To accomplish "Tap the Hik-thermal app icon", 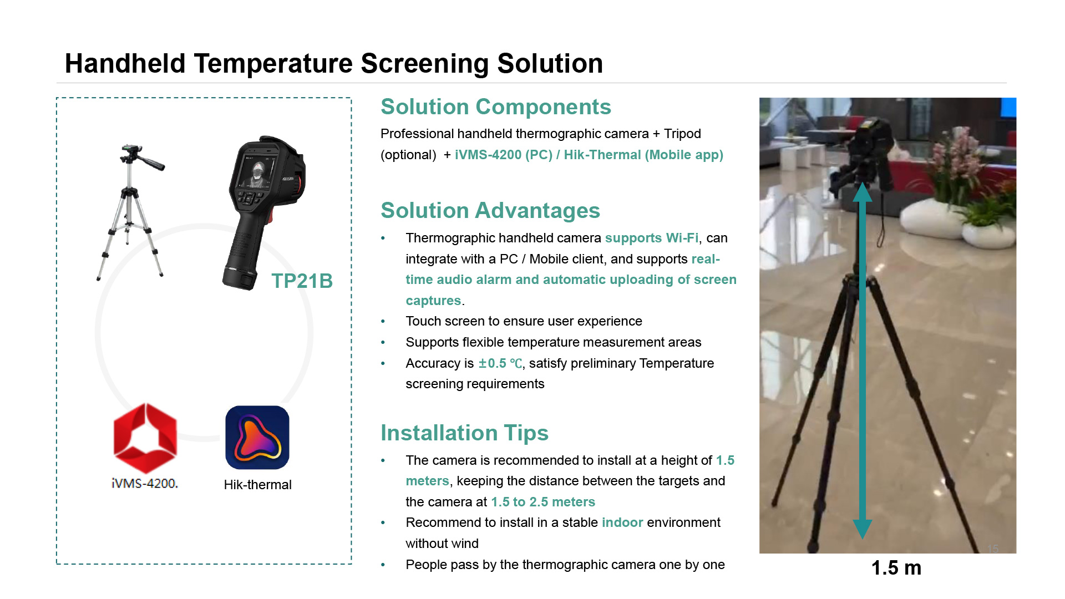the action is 257,438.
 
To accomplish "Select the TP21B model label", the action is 302,281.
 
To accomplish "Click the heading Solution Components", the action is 496,106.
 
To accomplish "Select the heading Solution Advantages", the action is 490,210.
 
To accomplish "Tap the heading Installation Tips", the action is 464,433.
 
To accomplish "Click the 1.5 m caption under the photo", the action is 896,568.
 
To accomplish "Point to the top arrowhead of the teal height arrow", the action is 863,192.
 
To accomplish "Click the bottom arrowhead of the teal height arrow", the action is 863,529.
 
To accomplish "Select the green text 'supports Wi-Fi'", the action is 652,238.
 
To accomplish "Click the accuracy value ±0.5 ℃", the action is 500,363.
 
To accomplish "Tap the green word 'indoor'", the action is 622,522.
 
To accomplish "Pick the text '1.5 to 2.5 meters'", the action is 543,502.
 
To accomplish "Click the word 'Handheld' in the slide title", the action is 125,63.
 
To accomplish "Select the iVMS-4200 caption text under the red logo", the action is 145,484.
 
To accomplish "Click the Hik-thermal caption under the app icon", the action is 257,485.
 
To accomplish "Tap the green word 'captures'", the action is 433,301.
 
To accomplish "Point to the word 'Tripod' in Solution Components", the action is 682,134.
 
